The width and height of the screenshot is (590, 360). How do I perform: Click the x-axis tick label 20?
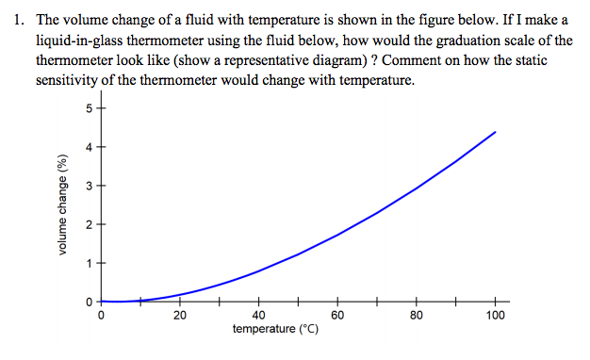180,316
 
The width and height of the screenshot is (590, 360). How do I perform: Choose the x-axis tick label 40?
259,316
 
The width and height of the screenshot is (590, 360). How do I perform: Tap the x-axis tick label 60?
337,316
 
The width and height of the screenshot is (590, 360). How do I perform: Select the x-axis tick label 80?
417,316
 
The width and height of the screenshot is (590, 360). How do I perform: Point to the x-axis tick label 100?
496,316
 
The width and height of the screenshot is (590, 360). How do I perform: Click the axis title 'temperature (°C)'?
275,330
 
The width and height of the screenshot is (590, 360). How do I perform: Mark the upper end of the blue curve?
495,132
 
